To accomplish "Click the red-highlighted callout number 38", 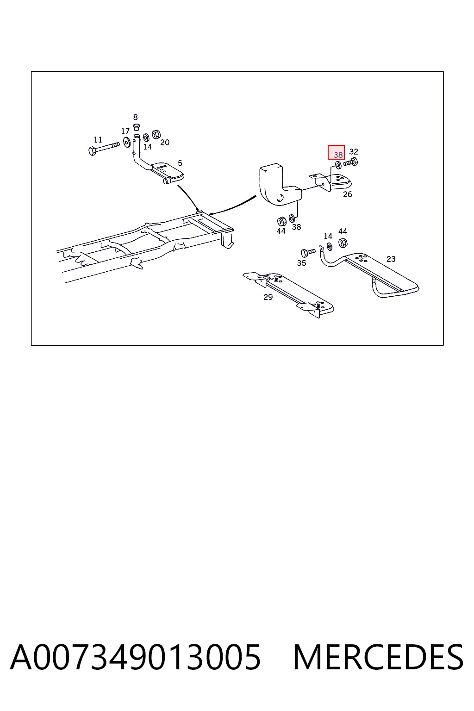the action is point(338,155).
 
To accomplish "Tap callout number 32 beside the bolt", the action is point(354,152).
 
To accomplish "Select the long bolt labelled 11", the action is point(104,148).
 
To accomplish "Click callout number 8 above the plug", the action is point(136,117).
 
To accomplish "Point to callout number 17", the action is point(125,131).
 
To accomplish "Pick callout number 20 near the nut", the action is point(165,143).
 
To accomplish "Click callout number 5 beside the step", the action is point(180,163).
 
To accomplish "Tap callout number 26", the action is point(348,194).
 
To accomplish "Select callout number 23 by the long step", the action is point(391,259).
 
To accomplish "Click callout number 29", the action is point(268,297).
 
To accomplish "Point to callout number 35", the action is point(302,263).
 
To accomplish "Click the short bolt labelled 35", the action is point(308,253).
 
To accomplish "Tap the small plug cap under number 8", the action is point(136,127).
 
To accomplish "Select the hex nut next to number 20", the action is point(156,135).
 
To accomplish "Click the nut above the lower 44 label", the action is point(281,221).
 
